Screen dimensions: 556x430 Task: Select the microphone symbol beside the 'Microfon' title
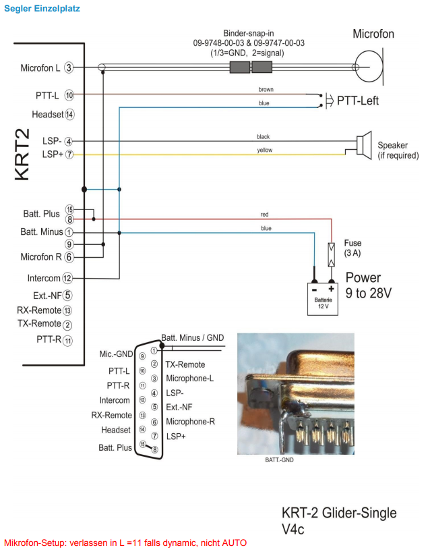tap(368, 67)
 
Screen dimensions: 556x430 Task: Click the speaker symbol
tap(364, 144)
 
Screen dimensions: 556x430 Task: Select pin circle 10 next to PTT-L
tap(69, 95)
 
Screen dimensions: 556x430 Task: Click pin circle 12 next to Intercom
tap(67, 278)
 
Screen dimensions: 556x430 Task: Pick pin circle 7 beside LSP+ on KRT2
tap(69, 155)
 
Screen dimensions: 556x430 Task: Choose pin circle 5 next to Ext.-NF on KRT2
tap(67, 294)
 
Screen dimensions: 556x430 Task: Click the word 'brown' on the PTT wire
tap(266, 90)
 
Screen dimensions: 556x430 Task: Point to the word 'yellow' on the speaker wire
tap(265, 150)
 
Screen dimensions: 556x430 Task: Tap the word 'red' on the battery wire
tap(265, 215)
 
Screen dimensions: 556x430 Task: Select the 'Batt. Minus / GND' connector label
tap(193, 337)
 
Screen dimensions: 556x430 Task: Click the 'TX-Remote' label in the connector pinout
tap(185, 364)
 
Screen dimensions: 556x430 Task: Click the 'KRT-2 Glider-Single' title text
tap(338, 513)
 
